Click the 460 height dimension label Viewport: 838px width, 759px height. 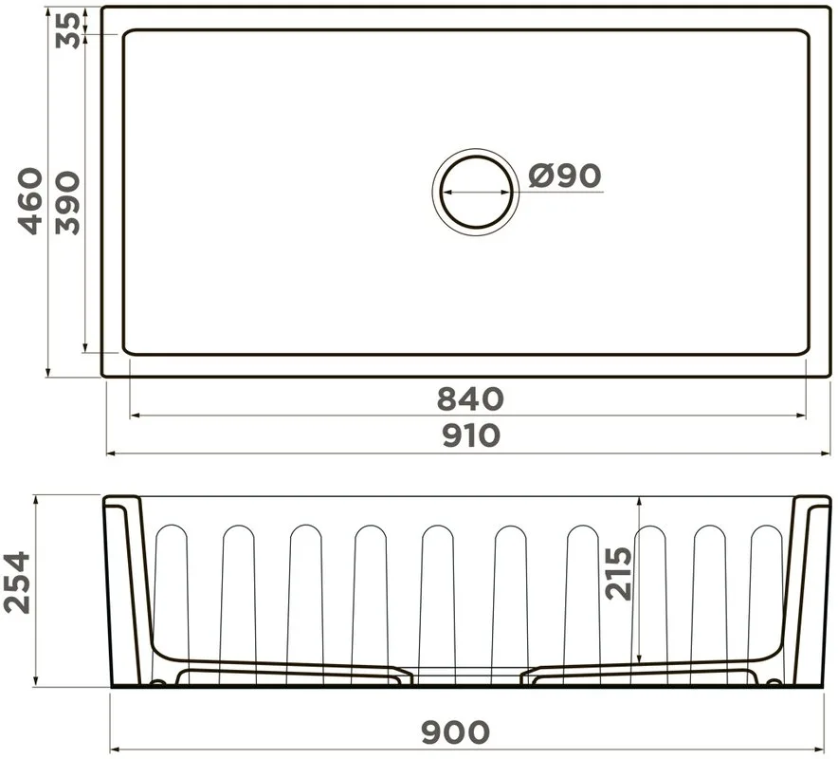[30, 202]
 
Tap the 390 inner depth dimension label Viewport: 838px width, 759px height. [67, 203]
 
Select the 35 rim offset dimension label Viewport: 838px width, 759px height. [68, 30]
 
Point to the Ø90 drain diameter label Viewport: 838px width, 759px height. [564, 175]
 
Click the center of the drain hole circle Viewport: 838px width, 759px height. [476, 192]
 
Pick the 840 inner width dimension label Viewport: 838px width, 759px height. [470, 398]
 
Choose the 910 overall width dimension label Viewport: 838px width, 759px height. [471, 435]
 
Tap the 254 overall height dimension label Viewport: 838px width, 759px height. [17, 583]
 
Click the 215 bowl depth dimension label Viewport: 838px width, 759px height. [618, 573]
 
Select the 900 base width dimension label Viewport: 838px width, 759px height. [455, 732]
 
